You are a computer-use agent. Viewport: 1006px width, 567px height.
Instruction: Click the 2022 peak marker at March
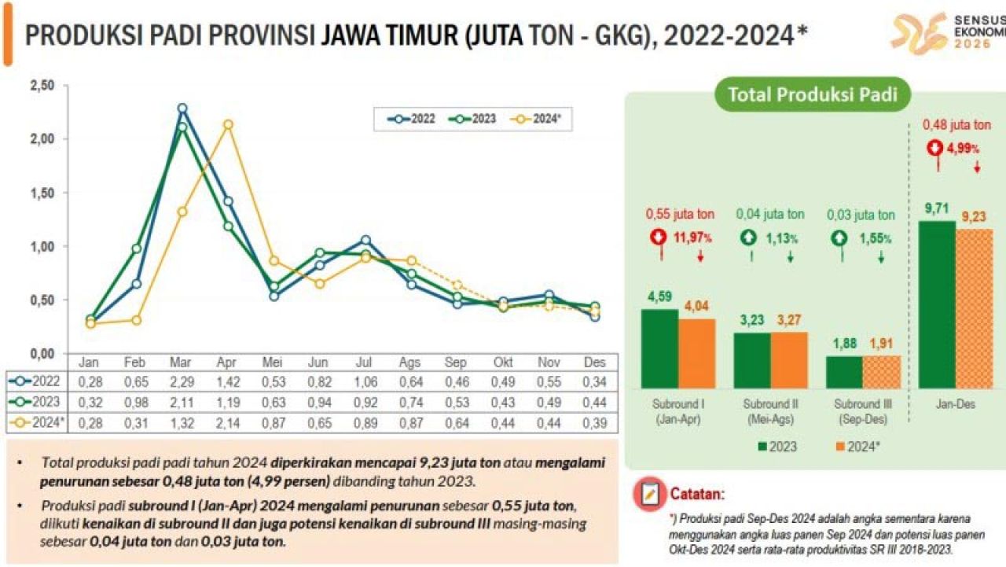click(182, 109)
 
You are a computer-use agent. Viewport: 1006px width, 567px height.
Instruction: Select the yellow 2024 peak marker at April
click(228, 124)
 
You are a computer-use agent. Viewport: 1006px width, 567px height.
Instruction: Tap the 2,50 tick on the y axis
click(43, 85)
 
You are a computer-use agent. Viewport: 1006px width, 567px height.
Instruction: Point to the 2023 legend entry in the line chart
click(473, 119)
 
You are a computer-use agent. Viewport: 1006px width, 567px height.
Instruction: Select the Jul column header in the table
click(365, 363)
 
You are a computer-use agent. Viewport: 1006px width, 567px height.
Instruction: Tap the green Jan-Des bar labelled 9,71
click(937, 304)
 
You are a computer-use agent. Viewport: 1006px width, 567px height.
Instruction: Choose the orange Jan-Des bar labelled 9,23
click(975, 308)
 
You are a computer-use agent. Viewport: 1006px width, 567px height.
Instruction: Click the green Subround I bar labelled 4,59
click(659, 348)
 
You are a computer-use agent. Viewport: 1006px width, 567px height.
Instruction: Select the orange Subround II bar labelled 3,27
click(789, 360)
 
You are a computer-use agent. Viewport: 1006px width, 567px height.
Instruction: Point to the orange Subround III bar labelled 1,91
click(881, 372)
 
